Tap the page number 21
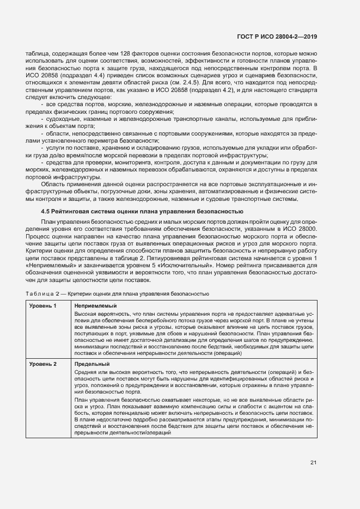click(313, 463)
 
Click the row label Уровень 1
click(43, 306)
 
